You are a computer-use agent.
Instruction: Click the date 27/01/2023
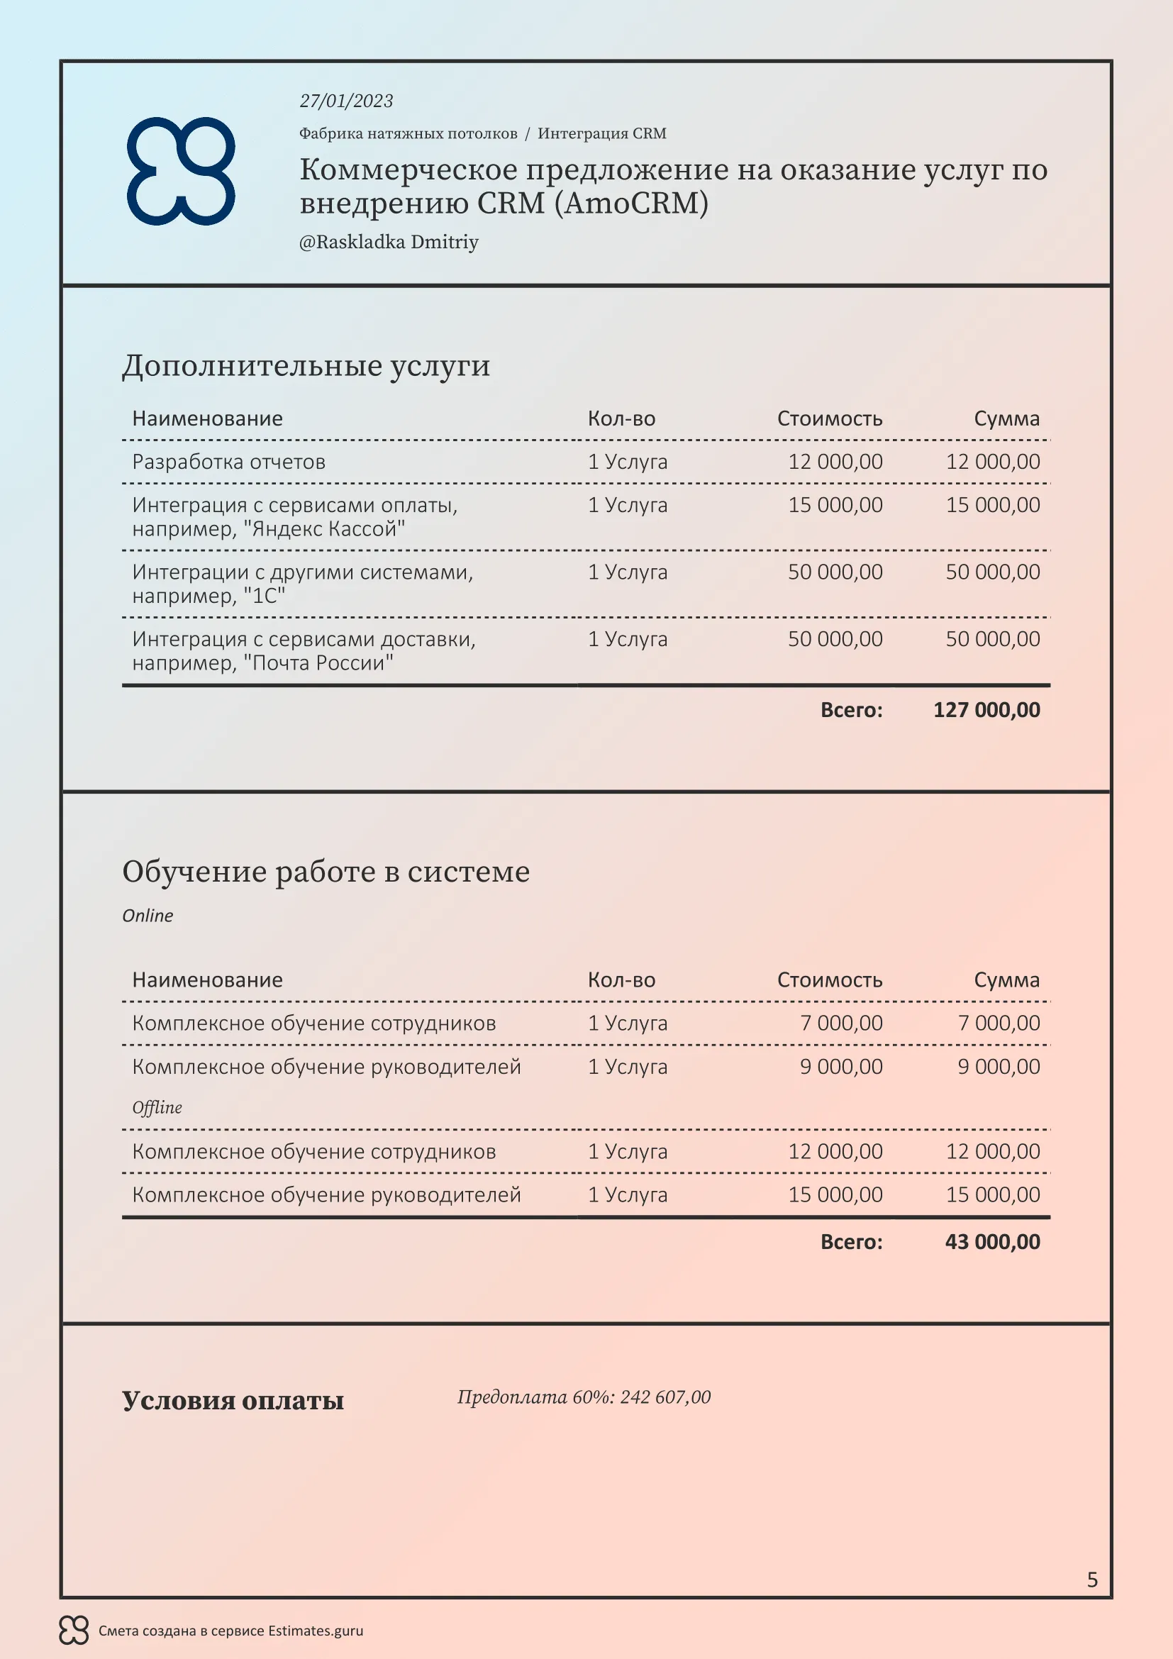[x=346, y=101]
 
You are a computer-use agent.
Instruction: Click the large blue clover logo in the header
[x=182, y=171]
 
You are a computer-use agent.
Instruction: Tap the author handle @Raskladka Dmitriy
[x=389, y=242]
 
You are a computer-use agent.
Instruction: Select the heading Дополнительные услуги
[x=306, y=365]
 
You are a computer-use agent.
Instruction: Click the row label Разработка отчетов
[x=228, y=462]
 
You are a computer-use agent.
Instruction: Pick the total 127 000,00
[x=986, y=710]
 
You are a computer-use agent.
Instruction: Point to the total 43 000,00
[x=992, y=1242]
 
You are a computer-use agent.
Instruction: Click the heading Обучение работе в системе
[x=326, y=872]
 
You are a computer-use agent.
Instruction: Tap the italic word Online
[x=148, y=916]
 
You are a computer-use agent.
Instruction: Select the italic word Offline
[x=157, y=1108]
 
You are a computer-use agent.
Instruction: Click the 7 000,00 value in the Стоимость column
[x=841, y=1023]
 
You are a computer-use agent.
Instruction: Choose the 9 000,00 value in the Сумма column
[x=999, y=1067]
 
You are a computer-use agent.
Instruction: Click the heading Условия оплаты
[x=233, y=1400]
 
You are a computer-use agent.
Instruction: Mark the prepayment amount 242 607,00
[x=665, y=1397]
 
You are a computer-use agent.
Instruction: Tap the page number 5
[x=1092, y=1580]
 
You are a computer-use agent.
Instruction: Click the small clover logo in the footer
[x=74, y=1630]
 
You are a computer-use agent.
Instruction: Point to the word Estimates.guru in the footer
[x=315, y=1631]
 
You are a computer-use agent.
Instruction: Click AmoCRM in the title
[x=631, y=204]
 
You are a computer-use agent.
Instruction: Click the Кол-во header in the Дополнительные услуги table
[x=621, y=419]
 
